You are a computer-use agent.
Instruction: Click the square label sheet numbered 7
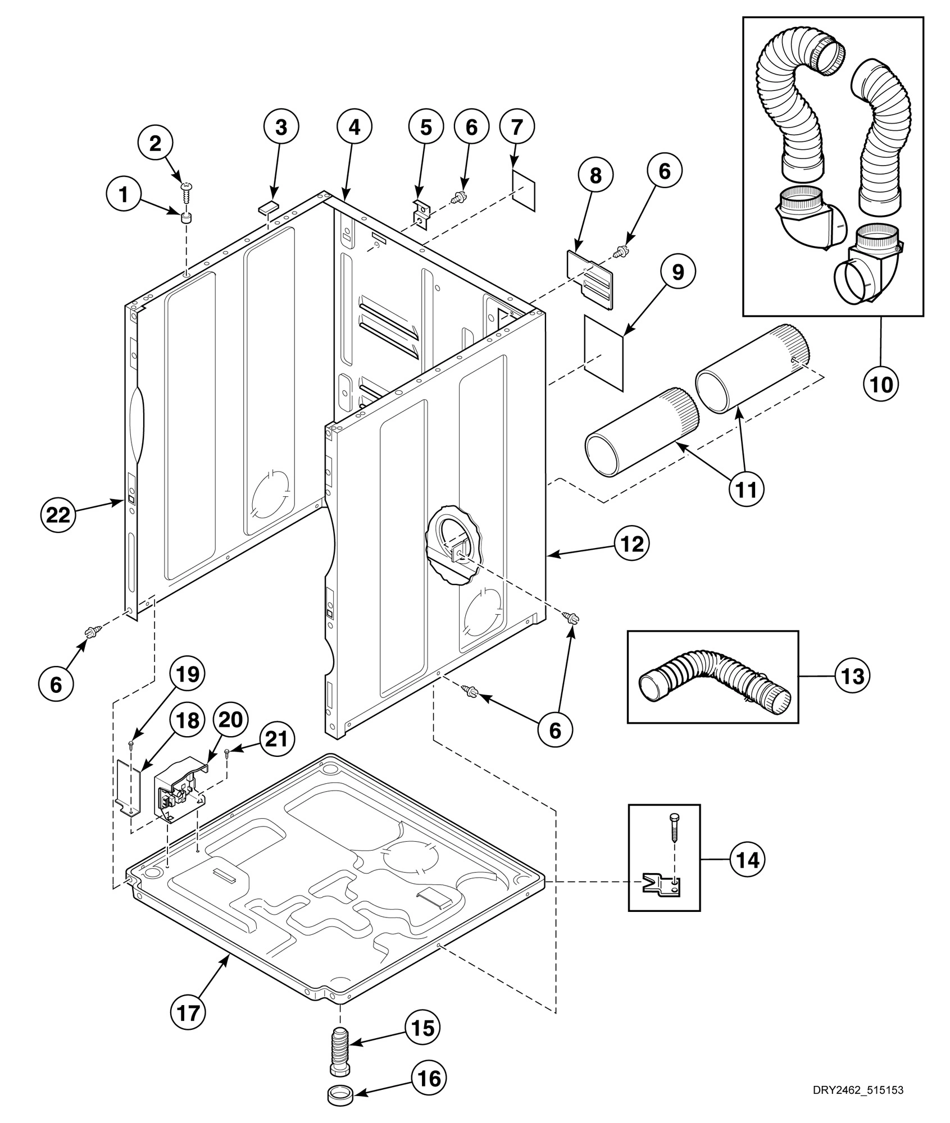[x=524, y=190]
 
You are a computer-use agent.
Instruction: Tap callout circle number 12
[x=632, y=543]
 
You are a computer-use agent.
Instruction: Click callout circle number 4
[x=354, y=127]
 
